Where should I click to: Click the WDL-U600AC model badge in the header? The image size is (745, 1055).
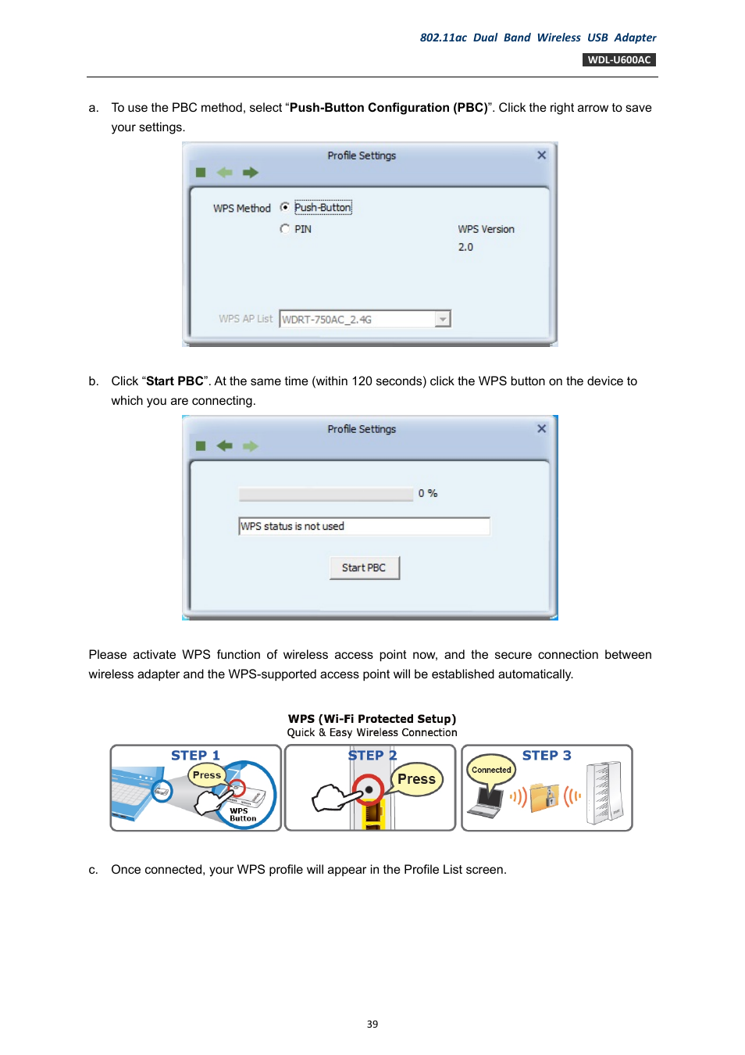pyautogui.click(x=618, y=60)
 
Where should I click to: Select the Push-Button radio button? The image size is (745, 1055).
pyautogui.click(x=285, y=207)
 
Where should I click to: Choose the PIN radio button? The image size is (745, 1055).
pyautogui.click(x=285, y=229)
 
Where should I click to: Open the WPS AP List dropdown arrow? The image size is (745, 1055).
pyautogui.click(x=443, y=319)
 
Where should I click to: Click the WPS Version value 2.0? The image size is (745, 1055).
pyautogui.click(x=465, y=247)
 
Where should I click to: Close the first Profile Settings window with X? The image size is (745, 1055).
pyautogui.click(x=541, y=156)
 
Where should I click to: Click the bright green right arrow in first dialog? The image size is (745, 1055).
pyautogui.click(x=250, y=173)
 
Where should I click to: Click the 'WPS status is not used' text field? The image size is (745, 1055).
pyautogui.click(x=364, y=527)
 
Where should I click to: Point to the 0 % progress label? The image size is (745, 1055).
pyautogui.click(x=427, y=493)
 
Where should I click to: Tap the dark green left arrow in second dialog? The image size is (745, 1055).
pyautogui.click(x=225, y=446)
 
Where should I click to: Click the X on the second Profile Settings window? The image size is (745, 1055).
pyautogui.click(x=541, y=429)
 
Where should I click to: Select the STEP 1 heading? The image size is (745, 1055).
pyautogui.click(x=195, y=756)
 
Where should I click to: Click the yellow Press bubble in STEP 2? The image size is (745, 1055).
pyautogui.click(x=416, y=779)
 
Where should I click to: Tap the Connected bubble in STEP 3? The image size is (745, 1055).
pyautogui.click(x=491, y=770)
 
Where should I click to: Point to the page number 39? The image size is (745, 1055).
pyautogui.click(x=372, y=1024)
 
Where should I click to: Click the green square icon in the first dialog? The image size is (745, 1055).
pyautogui.click(x=201, y=173)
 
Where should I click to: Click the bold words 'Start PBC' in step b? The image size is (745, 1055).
pyautogui.click(x=174, y=381)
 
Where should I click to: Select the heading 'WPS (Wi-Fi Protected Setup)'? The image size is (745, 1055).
pyautogui.click(x=372, y=719)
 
